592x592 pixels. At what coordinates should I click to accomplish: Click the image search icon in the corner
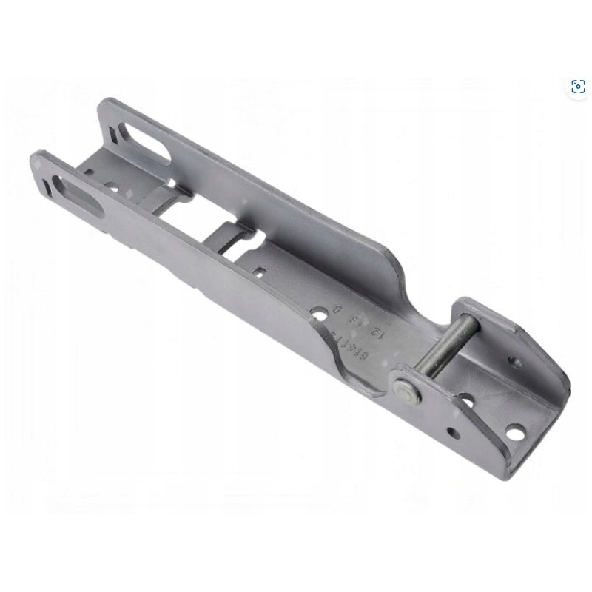point(578,87)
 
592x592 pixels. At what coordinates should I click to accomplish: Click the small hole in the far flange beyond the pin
point(516,363)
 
